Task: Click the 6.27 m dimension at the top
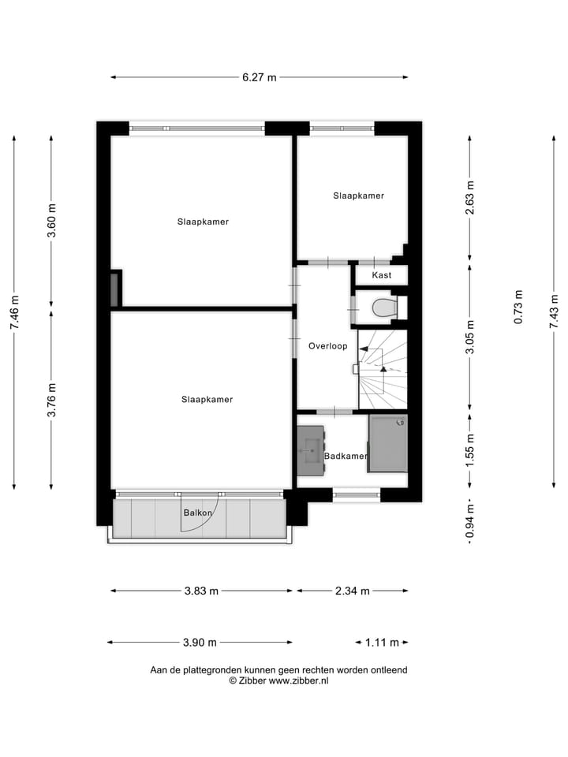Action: (x=260, y=77)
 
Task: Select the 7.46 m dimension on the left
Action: (x=14, y=312)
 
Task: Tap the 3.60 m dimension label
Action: (x=52, y=221)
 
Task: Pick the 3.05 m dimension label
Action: (x=470, y=337)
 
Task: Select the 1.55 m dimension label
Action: (x=470, y=450)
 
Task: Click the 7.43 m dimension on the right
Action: (x=555, y=312)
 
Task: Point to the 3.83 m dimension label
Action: (x=201, y=591)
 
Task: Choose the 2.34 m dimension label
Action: (x=353, y=591)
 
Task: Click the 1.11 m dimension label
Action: (x=382, y=642)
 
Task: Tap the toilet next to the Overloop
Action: (x=383, y=308)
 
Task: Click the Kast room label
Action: (x=382, y=275)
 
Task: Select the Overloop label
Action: (x=327, y=345)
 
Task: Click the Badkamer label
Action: (x=345, y=456)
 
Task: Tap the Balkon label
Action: (x=197, y=513)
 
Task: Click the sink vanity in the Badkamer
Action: (x=311, y=450)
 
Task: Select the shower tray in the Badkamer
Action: (x=388, y=443)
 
